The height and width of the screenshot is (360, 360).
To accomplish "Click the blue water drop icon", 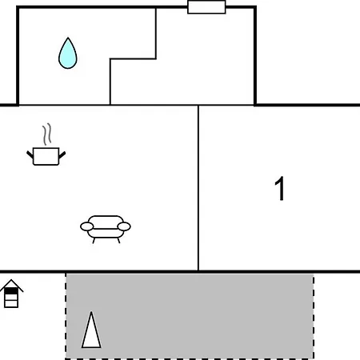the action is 68,54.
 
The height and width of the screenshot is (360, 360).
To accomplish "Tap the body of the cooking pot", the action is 46,156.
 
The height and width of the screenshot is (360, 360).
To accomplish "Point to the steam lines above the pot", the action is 47,134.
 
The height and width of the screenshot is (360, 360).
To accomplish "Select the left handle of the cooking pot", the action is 30,154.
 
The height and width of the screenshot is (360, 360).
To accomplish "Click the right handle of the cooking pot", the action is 62,154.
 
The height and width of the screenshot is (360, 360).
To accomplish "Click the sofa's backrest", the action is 106,222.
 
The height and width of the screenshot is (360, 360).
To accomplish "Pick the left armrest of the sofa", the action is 87,226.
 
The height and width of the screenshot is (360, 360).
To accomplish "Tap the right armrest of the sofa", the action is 124,226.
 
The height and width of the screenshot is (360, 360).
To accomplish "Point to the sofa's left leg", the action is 94,241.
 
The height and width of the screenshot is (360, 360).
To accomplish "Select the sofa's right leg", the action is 118,241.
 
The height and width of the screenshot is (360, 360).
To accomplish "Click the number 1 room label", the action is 280,188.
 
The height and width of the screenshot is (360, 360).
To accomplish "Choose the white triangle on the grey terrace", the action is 91,330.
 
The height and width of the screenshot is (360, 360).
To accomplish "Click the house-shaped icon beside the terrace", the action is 11,294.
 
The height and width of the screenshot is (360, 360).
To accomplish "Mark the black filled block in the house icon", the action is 11,291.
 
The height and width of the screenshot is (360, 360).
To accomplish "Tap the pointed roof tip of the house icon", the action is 11,280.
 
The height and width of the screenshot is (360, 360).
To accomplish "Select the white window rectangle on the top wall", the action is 206,7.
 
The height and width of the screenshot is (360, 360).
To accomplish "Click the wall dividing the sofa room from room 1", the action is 198,188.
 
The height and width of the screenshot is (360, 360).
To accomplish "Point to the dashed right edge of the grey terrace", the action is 314,316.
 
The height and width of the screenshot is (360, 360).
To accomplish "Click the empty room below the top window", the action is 186,78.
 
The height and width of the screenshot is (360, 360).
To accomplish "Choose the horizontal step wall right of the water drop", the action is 133,58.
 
